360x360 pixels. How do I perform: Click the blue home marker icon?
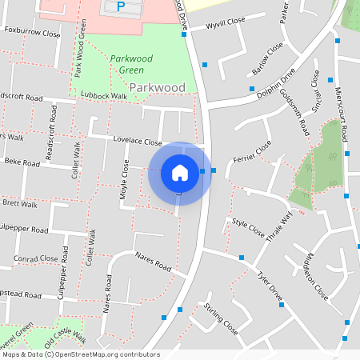[x=180, y=173]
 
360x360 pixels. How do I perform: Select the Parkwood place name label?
[x=157, y=87]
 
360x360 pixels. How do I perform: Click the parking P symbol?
[x=121, y=6]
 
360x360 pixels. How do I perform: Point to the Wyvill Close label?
[x=225, y=25]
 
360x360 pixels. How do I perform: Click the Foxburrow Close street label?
[x=32, y=34]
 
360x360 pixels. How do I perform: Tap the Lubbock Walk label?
[x=105, y=96]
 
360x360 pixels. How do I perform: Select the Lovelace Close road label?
[x=138, y=140]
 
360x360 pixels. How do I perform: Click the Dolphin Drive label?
[x=276, y=84]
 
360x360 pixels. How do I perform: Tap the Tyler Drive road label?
[x=270, y=286]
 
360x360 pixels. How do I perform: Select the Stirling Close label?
[x=220, y=318]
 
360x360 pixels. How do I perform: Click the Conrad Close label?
[x=36, y=259]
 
